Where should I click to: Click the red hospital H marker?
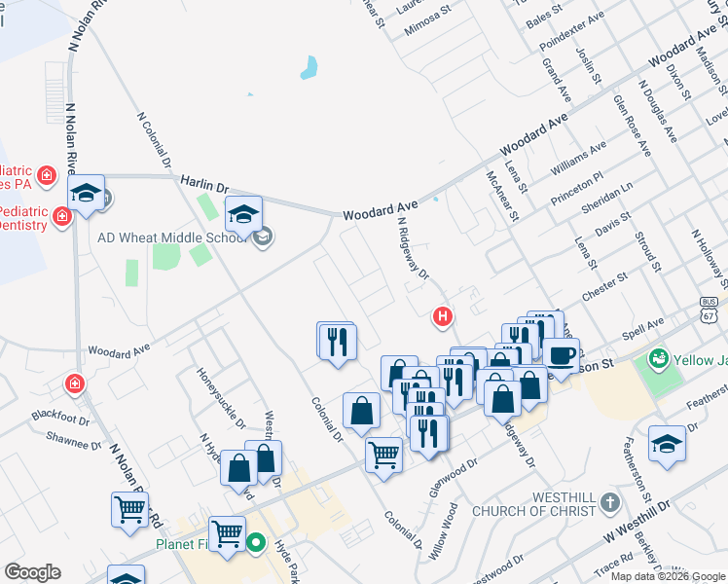tap(443, 316)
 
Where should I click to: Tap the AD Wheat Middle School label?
tap(171, 237)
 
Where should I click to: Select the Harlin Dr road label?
tap(203, 183)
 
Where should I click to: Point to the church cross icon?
tap(609, 503)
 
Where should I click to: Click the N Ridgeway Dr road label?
tap(414, 246)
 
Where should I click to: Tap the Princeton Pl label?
tap(578, 184)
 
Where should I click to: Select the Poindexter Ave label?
tap(572, 37)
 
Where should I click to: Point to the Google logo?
tap(32, 572)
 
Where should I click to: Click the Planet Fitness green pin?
tap(256, 543)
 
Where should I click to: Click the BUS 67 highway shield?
tap(710, 310)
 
